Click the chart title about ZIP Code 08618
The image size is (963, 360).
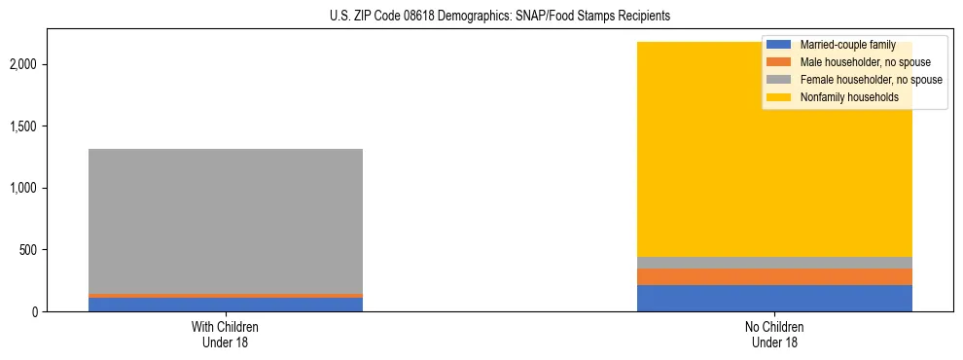tap(481, 17)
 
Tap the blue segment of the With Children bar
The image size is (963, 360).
tap(226, 305)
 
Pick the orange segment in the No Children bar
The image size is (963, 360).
tap(774, 276)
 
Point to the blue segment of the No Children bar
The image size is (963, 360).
tap(774, 298)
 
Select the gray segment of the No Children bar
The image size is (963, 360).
tap(774, 263)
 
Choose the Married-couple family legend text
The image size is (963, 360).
tap(847, 45)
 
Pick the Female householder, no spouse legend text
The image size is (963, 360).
tap(871, 80)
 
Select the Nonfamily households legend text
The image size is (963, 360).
tap(849, 97)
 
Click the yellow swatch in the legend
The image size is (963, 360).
tap(779, 97)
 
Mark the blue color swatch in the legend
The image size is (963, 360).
tap(779, 45)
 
